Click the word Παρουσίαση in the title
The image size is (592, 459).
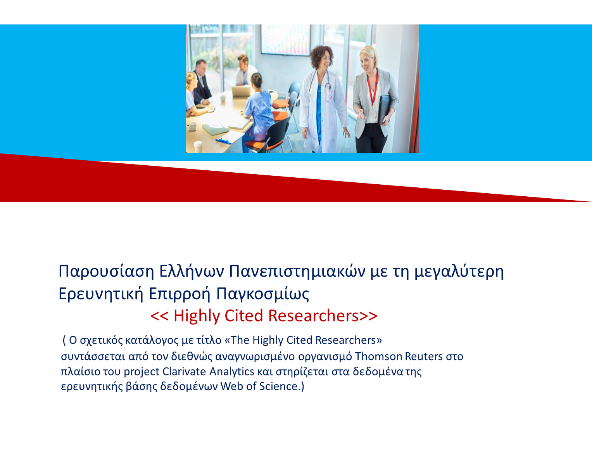point(107,272)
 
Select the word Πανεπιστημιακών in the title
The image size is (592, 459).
point(297,271)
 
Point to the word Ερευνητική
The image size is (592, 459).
point(101,294)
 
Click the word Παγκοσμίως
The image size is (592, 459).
point(262,294)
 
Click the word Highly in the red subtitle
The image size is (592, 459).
point(197,317)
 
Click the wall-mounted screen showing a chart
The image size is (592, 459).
point(285,40)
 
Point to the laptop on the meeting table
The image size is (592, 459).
point(242,91)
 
